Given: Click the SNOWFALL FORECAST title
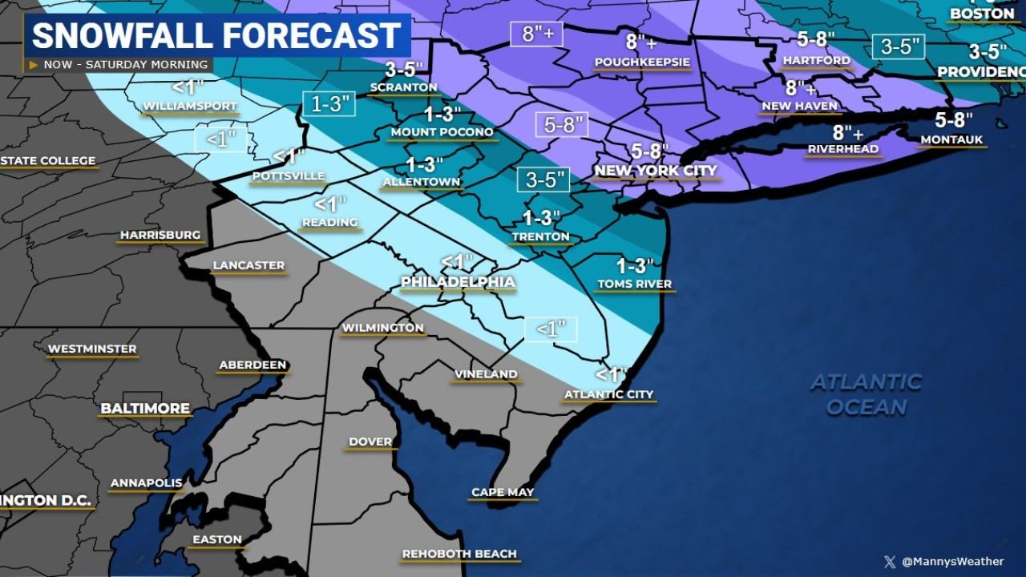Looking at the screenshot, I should pos(216,36).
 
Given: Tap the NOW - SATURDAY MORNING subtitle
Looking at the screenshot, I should pos(125,65).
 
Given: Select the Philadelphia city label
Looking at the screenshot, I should pos(458,282).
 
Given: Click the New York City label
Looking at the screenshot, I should pos(655,171).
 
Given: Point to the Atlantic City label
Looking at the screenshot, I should pos(608,394).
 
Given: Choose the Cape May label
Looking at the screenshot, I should pos(503,492).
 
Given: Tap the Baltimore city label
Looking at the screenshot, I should pos(145,409).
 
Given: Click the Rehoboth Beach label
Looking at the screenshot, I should pos(459,554).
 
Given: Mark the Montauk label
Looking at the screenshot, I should pos(951,139).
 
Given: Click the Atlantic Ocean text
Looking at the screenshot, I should pos(866,394).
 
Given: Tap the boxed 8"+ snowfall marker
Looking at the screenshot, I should pos(537,34).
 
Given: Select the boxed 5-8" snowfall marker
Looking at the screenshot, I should pos(562,125).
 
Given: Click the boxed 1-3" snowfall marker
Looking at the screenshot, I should pos(329,103).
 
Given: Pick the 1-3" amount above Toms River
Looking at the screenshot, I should pos(635,265).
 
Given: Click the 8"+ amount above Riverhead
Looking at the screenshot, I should pos(847,132).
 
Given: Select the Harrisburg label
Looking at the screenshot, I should pos(160,235).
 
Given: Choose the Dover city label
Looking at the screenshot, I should pos(370,442).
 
